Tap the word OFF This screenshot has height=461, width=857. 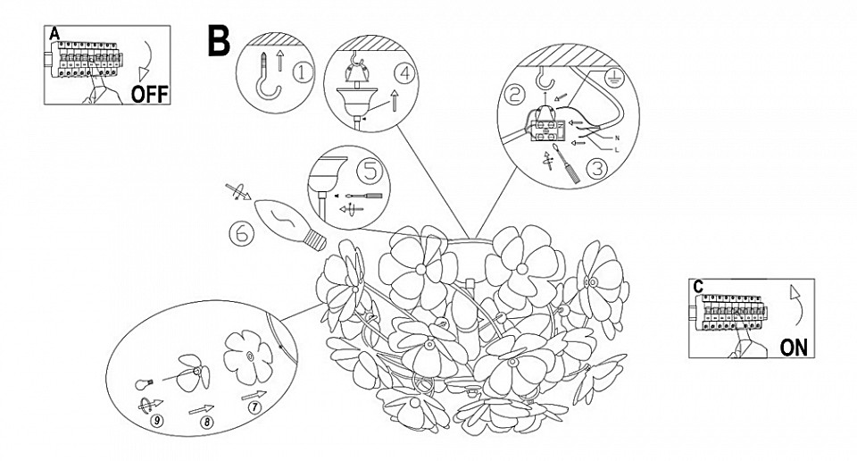(149, 94)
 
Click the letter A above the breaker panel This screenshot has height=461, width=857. (54, 34)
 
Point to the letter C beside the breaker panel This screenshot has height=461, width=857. (698, 286)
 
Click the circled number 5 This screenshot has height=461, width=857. (368, 171)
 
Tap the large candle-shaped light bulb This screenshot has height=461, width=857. (290, 222)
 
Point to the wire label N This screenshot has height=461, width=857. (617, 139)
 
